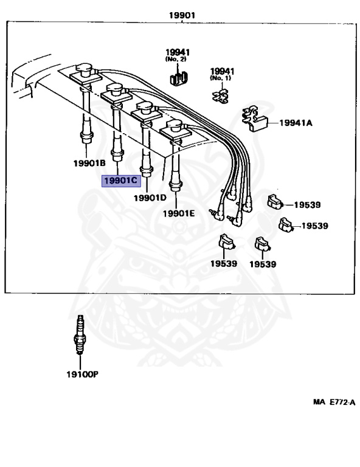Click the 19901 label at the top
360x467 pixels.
(x=182, y=15)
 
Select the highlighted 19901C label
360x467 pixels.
(x=121, y=181)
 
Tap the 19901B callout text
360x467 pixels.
(x=89, y=163)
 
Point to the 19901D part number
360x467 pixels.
(x=150, y=198)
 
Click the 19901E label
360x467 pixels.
(x=179, y=213)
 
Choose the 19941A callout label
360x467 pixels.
(x=296, y=123)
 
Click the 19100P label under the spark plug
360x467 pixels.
(x=82, y=375)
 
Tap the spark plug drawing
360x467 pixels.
(x=80, y=335)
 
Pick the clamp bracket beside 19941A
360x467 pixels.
(x=254, y=119)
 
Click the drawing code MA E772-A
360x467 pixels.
(x=334, y=402)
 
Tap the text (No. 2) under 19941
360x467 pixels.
(x=176, y=59)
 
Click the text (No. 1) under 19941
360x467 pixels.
(x=220, y=78)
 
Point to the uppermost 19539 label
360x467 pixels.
(x=307, y=205)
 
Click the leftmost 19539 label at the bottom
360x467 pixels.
(x=224, y=263)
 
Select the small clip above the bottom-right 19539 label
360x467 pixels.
(x=262, y=244)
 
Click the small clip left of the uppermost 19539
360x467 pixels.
(x=275, y=202)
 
